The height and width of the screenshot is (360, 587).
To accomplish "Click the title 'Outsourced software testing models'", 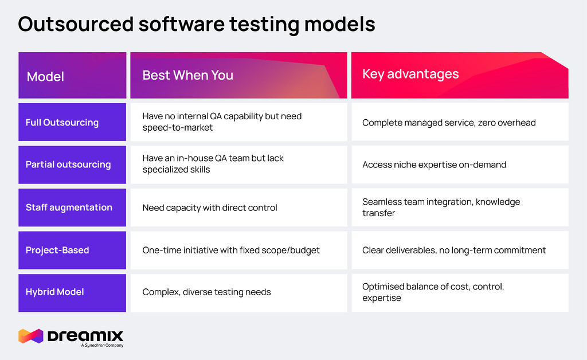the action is click(x=197, y=24).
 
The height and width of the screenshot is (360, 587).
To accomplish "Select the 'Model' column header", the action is click(x=45, y=77).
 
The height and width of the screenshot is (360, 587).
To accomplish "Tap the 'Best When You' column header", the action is click(x=188, y=75).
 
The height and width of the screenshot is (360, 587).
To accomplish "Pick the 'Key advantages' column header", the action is click(x=410, y=74).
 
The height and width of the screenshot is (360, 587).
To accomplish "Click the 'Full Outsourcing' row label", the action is click(x=62, y=122).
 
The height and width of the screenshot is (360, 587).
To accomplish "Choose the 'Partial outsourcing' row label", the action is click(x=68, y=165).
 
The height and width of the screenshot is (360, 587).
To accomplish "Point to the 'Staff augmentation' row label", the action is click(x=69, y=208).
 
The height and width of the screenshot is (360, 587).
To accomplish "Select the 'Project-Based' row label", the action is click(x=57, y=250).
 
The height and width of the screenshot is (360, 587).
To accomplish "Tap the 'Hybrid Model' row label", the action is click(x=54, y=292).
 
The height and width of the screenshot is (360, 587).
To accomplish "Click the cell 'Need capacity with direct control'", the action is click(x=210, y=208).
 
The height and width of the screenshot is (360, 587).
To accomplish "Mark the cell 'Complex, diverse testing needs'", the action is click(x=206, y=292).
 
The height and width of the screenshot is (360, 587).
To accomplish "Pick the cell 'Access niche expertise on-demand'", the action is click(x=435, y=165).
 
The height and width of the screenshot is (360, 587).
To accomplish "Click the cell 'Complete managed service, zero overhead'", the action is click(x=449, y=123).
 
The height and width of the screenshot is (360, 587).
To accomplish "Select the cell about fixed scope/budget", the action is click(x=231, y=250).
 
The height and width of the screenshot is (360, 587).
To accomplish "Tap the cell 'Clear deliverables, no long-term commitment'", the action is click(x=454, y=250).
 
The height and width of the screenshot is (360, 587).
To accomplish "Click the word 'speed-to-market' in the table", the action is click(x=178, y=128).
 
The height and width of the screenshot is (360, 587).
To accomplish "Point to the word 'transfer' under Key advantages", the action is click(x=378, y=213).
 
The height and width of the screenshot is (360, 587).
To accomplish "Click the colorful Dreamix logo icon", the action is click(x=31, y=336).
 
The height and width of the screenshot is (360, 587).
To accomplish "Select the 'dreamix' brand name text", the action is click(x=85, y=336).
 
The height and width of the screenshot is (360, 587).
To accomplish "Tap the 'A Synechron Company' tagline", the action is click(x=102, y=346).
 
